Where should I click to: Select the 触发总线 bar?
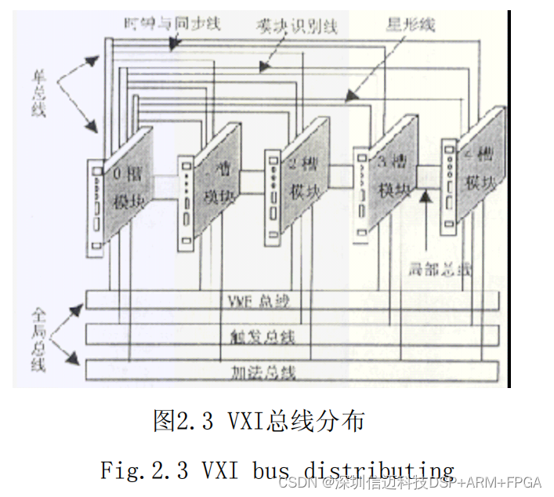point(291,336)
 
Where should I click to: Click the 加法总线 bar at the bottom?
point(291,369)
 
